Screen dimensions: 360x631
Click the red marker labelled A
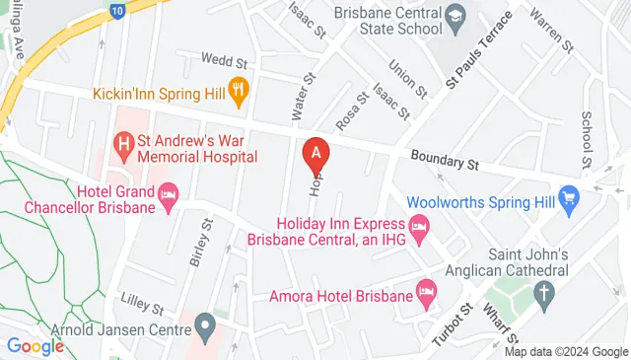tap(315, 153)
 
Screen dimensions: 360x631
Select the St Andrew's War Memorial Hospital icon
tap(124, 148)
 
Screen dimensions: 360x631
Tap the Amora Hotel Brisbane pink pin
tap(426, 291)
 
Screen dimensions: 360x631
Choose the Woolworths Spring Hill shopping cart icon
tap(568, 198)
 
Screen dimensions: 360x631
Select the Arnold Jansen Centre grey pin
tap(205, 323)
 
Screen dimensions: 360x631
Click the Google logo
tap(35, 345)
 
